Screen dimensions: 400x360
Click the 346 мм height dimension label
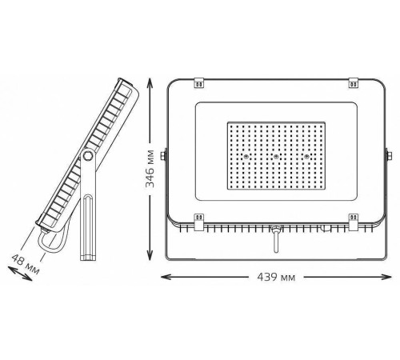[150, 169]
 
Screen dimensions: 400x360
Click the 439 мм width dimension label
[276, 278]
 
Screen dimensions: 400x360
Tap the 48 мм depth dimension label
[26, 264]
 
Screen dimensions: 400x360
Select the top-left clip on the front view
[199, 82]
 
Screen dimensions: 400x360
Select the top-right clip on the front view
[354, 82]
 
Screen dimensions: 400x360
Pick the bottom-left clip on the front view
[199, 222]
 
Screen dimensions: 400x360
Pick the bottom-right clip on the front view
[354, 222]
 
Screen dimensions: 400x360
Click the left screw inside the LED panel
[246, 157]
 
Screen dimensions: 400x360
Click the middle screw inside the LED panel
[276, 157]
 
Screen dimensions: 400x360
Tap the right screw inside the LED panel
[307, 157]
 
